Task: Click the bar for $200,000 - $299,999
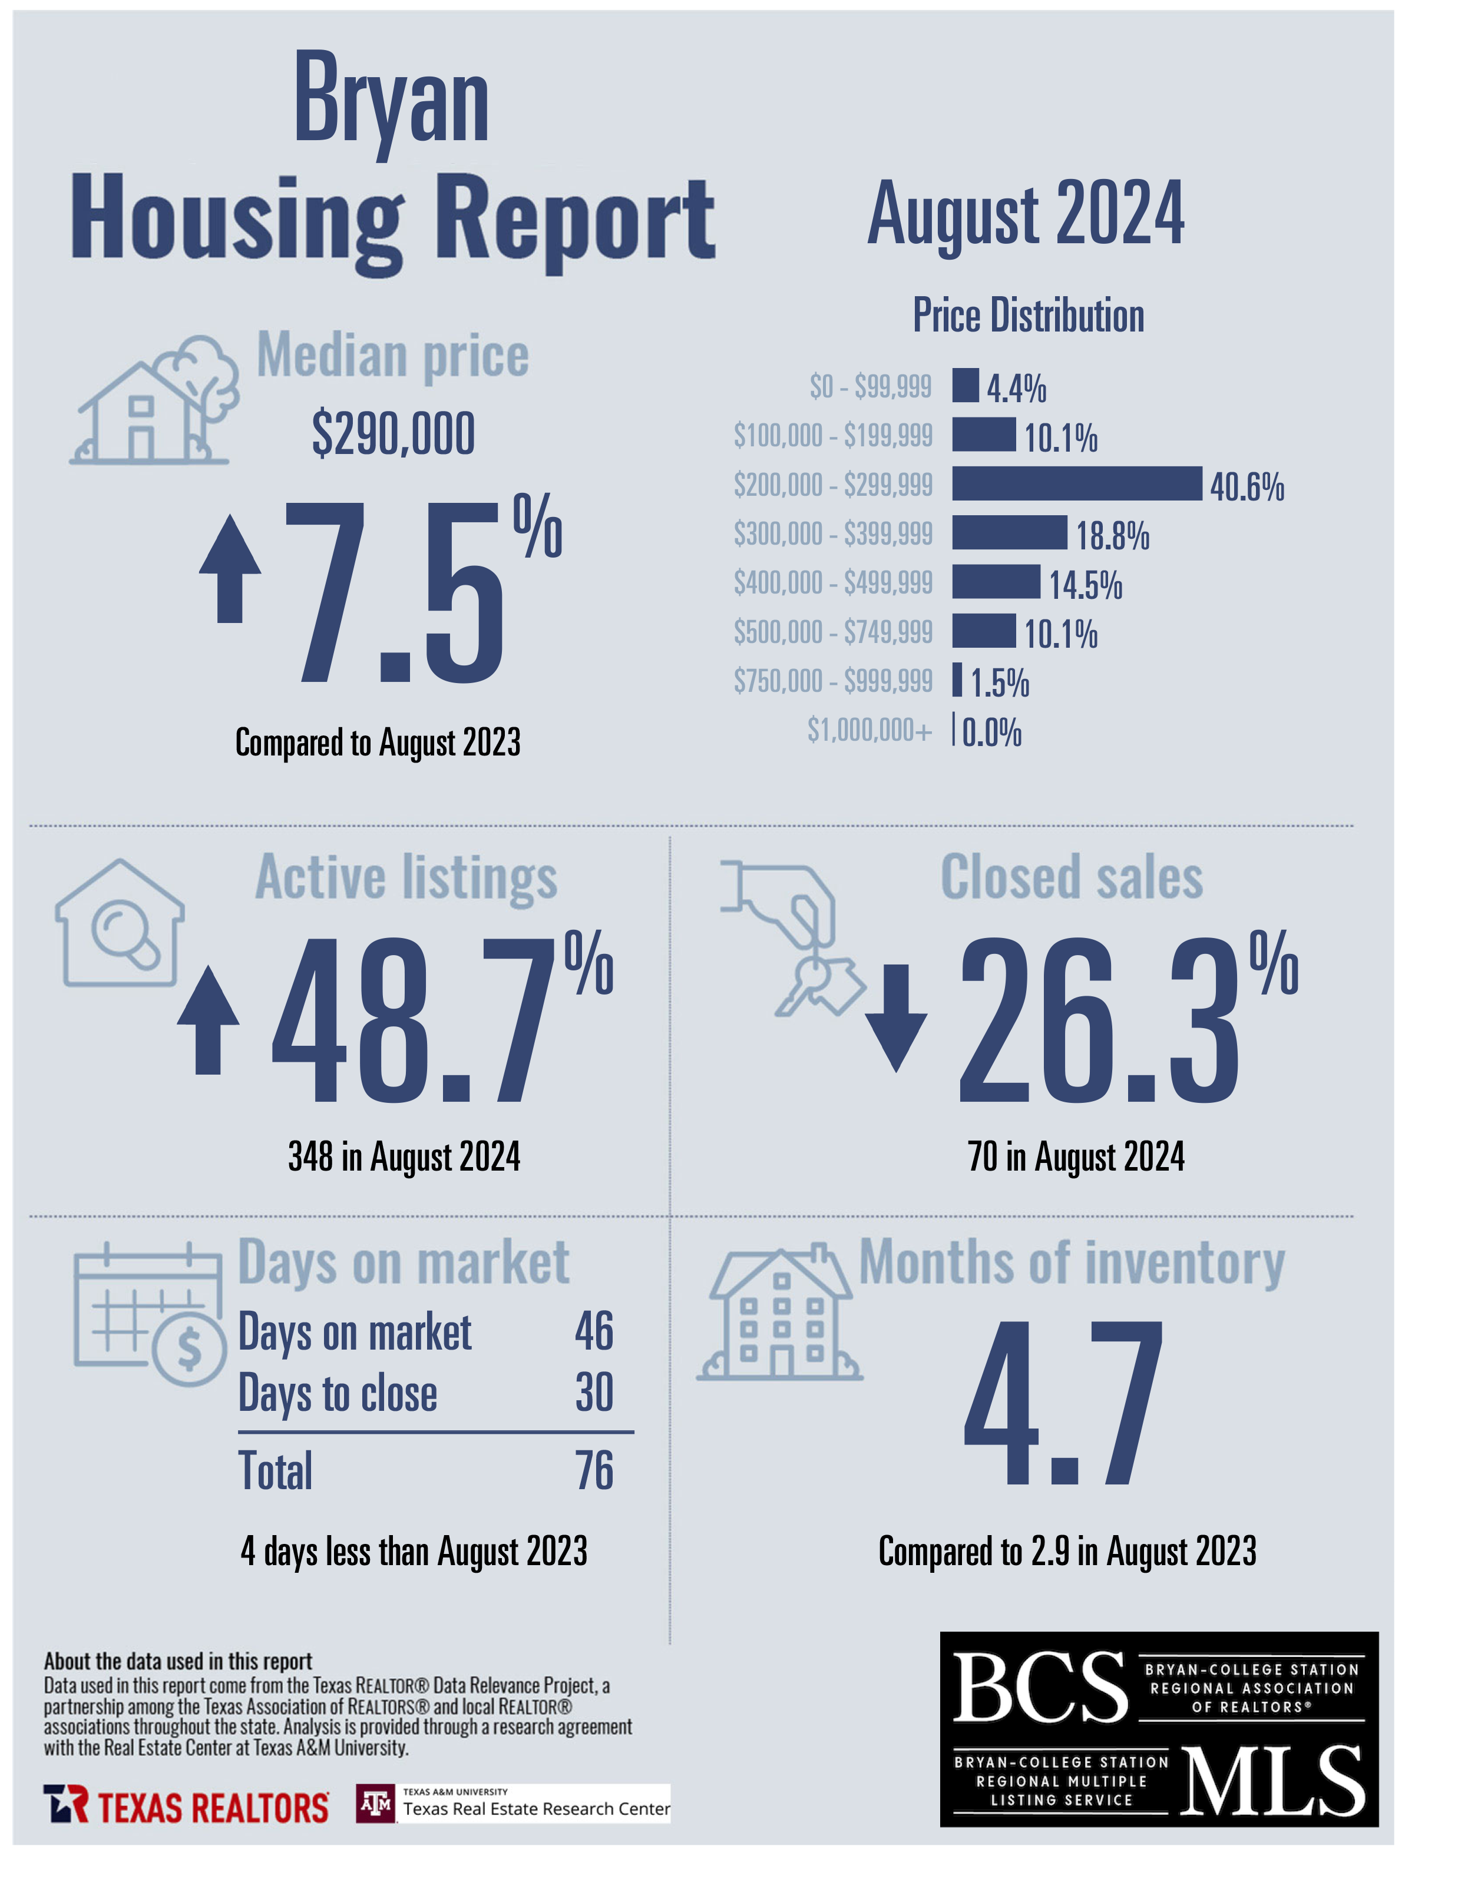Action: (x=1076, y=483)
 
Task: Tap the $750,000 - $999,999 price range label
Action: (x=832, y=681)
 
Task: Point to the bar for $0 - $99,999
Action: (x=965, y=385)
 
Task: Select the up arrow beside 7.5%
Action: (x=230, y=568)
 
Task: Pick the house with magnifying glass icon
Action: (x=120, y=923)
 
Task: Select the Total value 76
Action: (x=594, y=1470)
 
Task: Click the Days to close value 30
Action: (x=594, y=1393)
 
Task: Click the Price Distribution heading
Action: (x=1029, y=315)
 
